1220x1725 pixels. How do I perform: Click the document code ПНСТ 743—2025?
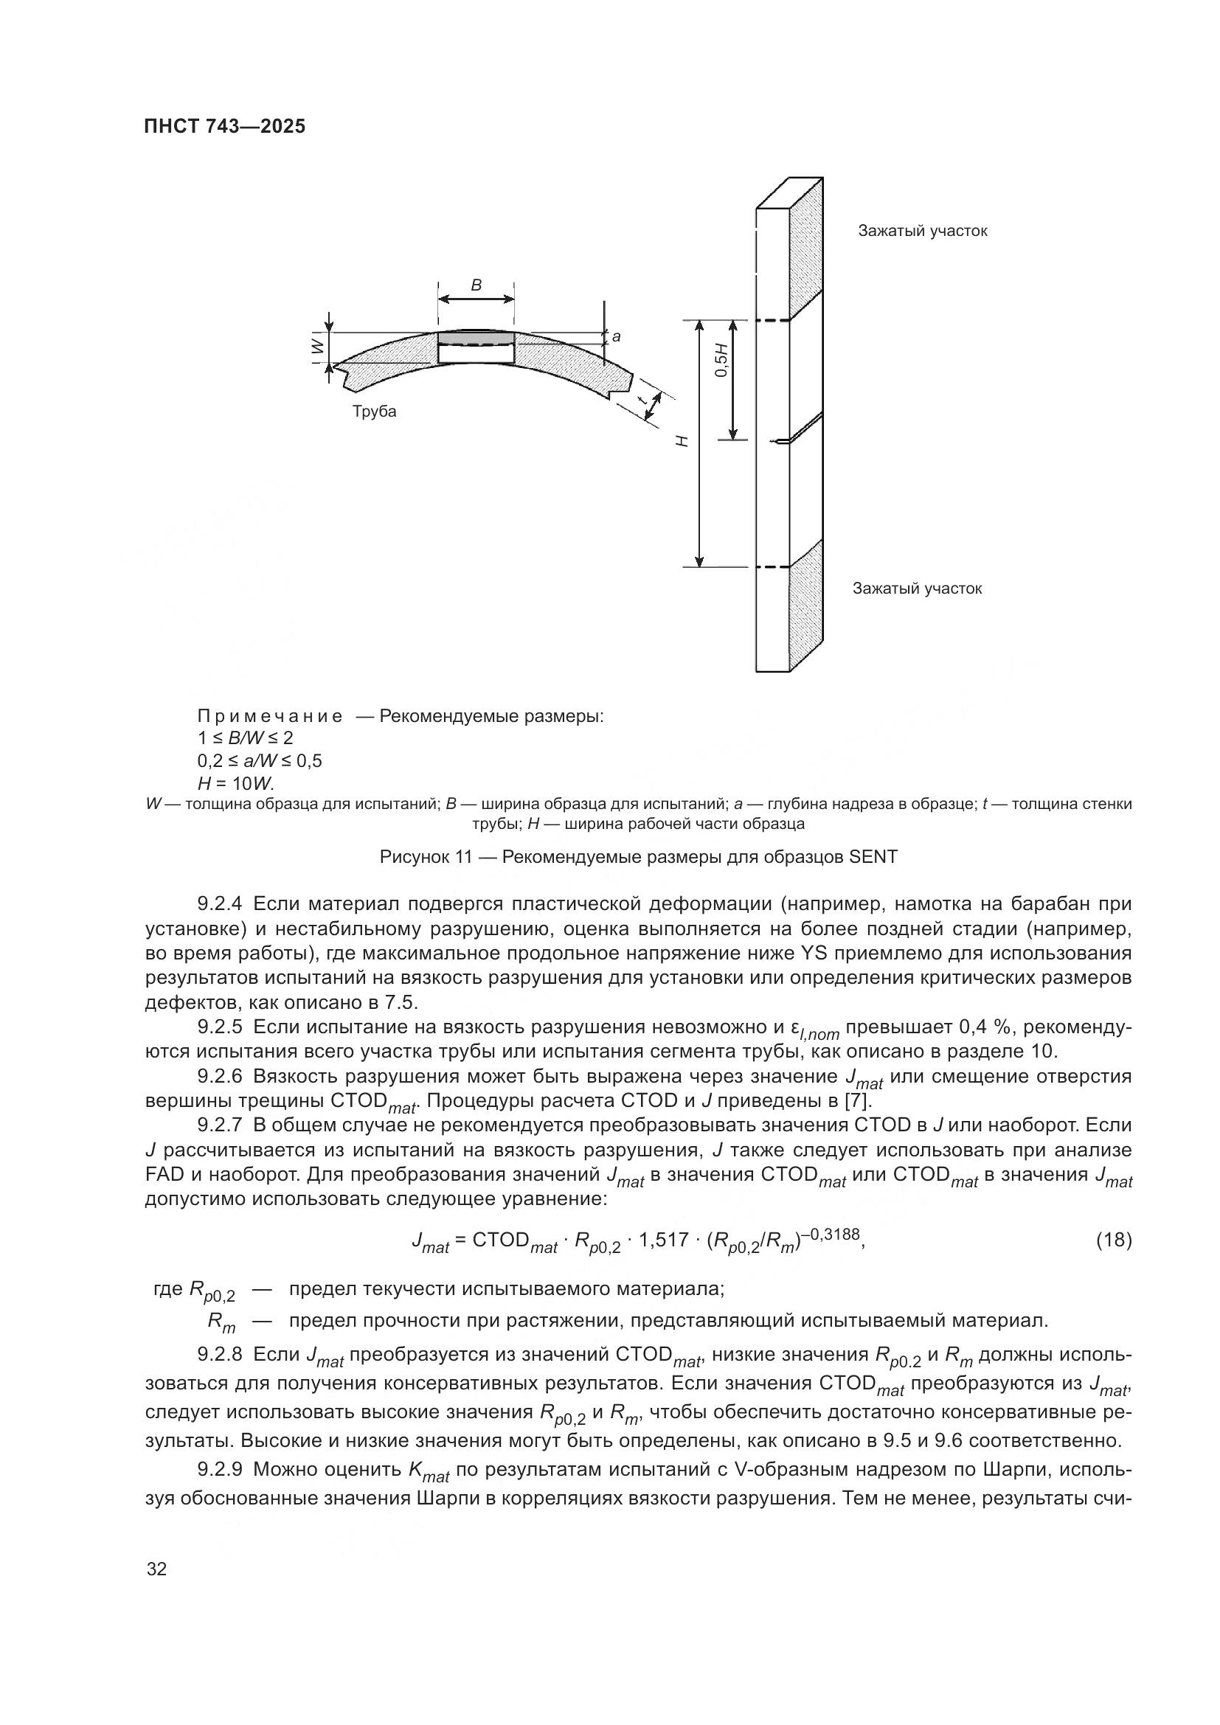point(225,126)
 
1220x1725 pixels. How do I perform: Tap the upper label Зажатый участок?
point(923,231)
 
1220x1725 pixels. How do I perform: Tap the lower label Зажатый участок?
point(917,589)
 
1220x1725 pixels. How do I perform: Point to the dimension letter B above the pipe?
point(476,285)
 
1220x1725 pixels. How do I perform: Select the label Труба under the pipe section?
point(374,412)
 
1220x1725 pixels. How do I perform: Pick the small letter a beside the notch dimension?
point(616,337)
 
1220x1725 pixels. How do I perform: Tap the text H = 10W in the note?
point(236,784)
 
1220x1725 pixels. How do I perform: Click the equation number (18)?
point(1113,1240)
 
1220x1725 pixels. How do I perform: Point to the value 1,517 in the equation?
point(662,1240)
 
